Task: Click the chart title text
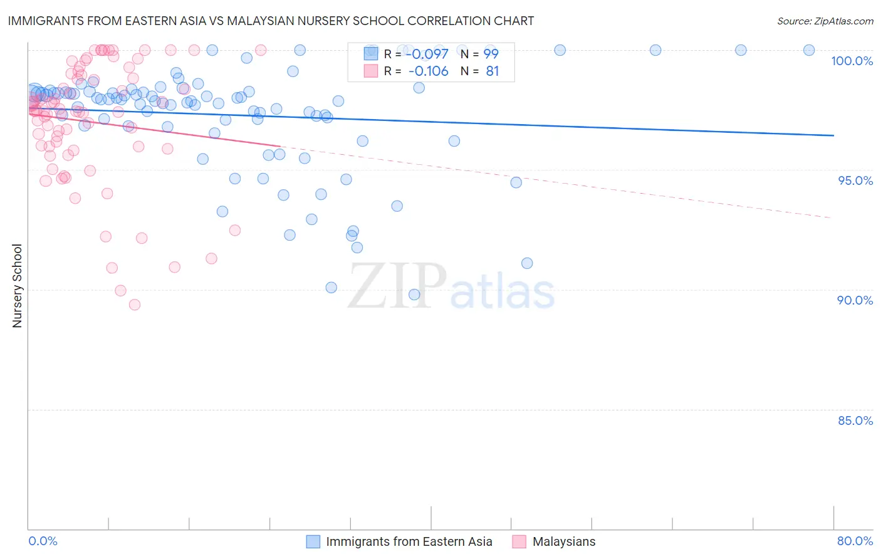(x=271, y=21)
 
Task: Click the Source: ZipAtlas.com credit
(x=825, y=21)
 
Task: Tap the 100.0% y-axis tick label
(x=852, y=61)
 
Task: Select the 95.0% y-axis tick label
(x=855, y=180)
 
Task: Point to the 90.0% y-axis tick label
(x=855, y=300)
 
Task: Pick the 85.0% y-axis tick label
(x=855, y=421)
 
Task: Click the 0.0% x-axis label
(x=43, y=541)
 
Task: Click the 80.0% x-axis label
(x=855, y=541)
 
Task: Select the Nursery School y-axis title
(x=17, y=286)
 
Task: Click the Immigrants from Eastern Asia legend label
(x=409, y=541)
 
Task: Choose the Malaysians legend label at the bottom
(x=563, y=541)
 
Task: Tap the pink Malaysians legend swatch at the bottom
(x=519, y=541)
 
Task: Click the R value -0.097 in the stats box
(x=429, y=54)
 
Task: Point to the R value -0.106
(x=429, y=71)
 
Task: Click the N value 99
(x=491, y=54)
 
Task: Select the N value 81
(x=492, y=71)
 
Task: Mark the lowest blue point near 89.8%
(x=414, y=295)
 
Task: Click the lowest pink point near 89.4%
(x=135, y=305)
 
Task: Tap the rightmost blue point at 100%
(x=809, y=50)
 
